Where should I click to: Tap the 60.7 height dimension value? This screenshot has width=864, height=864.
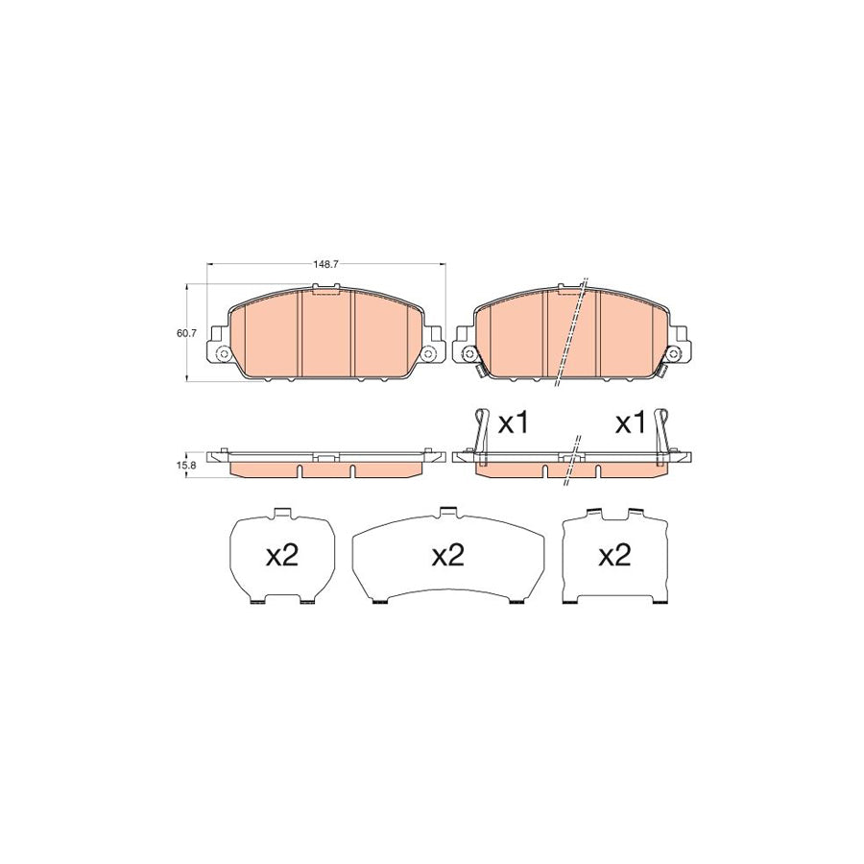tap(186, 333)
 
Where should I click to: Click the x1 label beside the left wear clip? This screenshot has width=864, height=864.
tap(515, 423)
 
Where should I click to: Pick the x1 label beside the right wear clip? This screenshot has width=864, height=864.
tap(630, 423)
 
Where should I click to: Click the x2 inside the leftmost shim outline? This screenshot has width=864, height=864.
tap(282, 556)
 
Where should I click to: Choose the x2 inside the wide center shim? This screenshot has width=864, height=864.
tap(448, 556)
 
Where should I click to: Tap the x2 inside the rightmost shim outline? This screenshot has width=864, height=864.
tap(613, 556)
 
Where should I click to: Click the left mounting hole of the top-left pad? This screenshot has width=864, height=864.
tap(224, 354)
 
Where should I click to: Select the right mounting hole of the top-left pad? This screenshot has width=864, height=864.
tap(429, 354)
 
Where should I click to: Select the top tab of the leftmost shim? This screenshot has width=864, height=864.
tap(282, 513)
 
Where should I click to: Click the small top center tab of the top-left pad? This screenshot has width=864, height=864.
tap(325, 286)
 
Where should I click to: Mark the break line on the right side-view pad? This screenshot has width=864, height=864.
tap(574, 455)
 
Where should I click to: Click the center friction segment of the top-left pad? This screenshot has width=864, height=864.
tap(326, 331)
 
